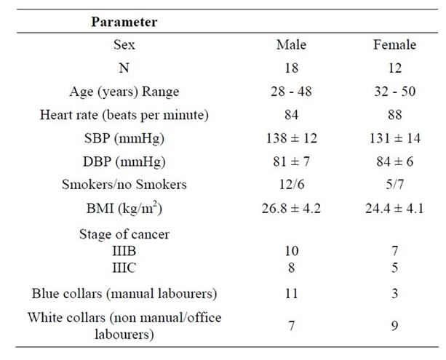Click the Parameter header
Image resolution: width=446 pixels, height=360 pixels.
point(124,22)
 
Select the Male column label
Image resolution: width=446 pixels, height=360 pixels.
point(291,45)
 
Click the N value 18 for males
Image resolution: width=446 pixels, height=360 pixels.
point(291,68)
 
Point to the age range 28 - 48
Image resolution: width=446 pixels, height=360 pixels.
point(291,92)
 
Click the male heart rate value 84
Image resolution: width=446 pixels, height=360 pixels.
point(291,115)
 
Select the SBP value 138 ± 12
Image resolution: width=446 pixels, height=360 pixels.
point(291,138)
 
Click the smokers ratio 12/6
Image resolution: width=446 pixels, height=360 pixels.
point(291,185)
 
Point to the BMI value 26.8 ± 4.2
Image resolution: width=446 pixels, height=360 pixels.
point(291,208)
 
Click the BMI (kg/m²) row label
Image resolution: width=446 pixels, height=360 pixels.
point(124,208)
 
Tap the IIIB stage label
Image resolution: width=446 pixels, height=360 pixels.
point(124,250)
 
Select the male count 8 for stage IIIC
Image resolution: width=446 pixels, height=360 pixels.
point(291,266)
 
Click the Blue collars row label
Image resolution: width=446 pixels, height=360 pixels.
point(124,295)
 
